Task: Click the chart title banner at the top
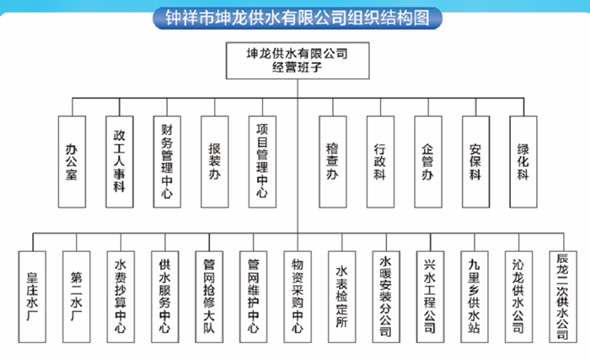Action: [x=298, y=18]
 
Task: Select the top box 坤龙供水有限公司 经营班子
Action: [x=298, y=60]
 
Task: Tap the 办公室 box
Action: [x=72, y=162]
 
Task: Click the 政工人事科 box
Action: [x=120, y=162]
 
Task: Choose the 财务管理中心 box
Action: [x=167, y=162]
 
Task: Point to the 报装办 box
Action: [x=214, y=162]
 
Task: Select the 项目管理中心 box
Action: [x=262, y=162]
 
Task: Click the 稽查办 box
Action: [x=333, y=162]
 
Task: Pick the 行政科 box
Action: [x=380, y=162]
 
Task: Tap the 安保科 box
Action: [x=475, y=162]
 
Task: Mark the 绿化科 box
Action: [x=523, y=162]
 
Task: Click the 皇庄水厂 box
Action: [x=32, y=297]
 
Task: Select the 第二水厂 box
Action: [x=77, y=297]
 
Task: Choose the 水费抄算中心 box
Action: [x=121, y=297]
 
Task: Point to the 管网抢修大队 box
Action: [x=209, y=297]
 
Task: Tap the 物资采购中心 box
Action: [x=298, y=297]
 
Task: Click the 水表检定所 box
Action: [x=341, y=297]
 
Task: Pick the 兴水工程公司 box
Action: [x=430, y=297]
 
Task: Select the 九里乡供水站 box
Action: [x=475, y=297]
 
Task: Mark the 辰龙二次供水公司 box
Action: [x=563, y=297]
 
